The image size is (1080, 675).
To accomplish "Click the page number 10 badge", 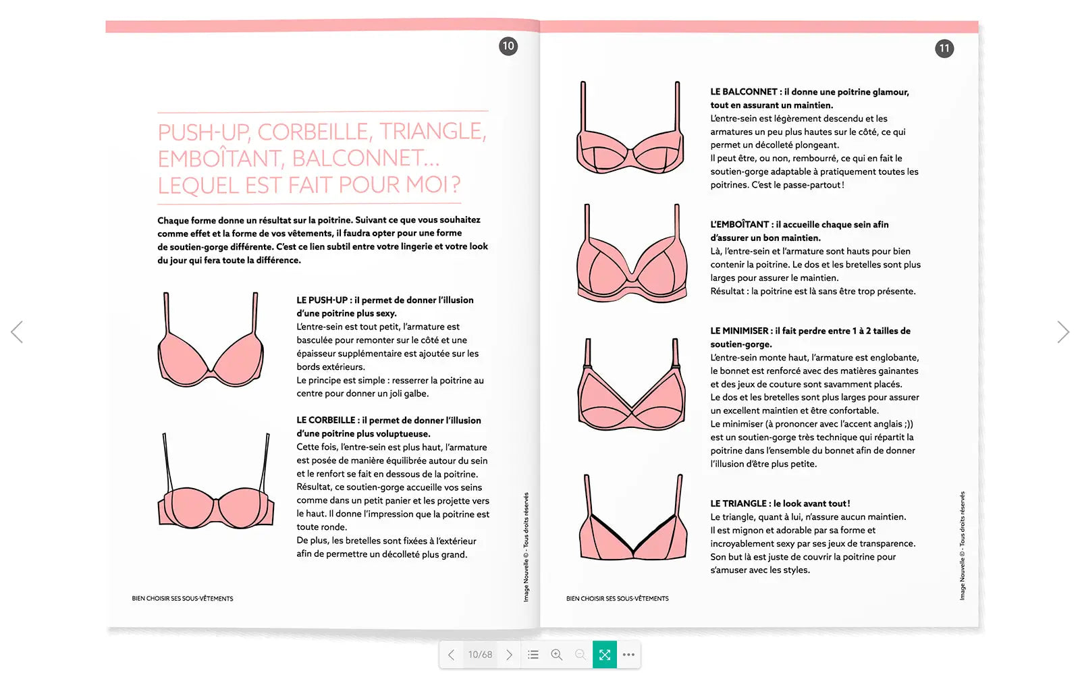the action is point(508,47).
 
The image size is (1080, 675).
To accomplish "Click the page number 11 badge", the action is point(944,48).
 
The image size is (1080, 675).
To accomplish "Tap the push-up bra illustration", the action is point(211,340).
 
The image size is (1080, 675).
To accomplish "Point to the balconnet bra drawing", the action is point(630,128).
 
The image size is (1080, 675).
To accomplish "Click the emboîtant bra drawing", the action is point(632,253).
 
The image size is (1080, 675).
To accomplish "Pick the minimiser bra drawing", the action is point(632,384).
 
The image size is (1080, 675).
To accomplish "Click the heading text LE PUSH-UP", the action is point(322,300).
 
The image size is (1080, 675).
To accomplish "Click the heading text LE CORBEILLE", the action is point(326,421).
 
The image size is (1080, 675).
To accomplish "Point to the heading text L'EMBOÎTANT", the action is point(740,224).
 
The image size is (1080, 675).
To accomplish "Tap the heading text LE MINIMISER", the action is point(739,331).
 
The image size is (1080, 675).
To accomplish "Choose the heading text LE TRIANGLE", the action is point(738,504).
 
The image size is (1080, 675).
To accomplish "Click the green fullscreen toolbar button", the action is point(605,655).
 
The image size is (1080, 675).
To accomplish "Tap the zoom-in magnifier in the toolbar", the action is point(557,655).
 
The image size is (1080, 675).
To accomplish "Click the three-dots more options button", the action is point(628,655).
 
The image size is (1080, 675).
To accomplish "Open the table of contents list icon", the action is point(533,655).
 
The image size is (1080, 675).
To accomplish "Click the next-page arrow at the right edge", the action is point(1063,331).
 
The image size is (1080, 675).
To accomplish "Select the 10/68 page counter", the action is point(480,655).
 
